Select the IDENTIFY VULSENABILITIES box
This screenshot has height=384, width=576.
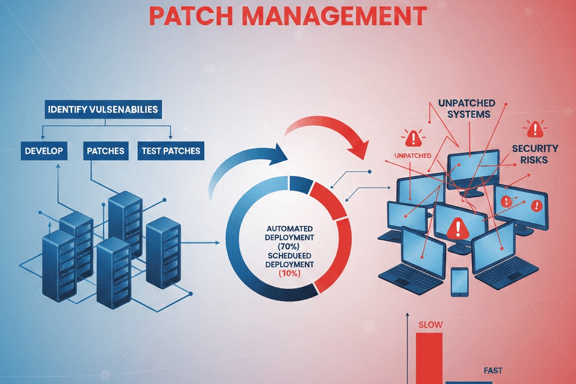[102, 110]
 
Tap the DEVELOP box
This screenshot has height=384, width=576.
[43, 150]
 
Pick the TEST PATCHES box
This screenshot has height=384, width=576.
[171, 150]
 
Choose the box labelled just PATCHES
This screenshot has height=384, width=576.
[106, 150]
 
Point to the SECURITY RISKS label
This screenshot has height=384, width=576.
[535, 153]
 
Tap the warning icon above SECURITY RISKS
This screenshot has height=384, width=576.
[534, 129]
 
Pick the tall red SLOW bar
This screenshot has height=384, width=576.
[430, 359]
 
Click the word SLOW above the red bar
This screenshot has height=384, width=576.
[430, 325]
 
